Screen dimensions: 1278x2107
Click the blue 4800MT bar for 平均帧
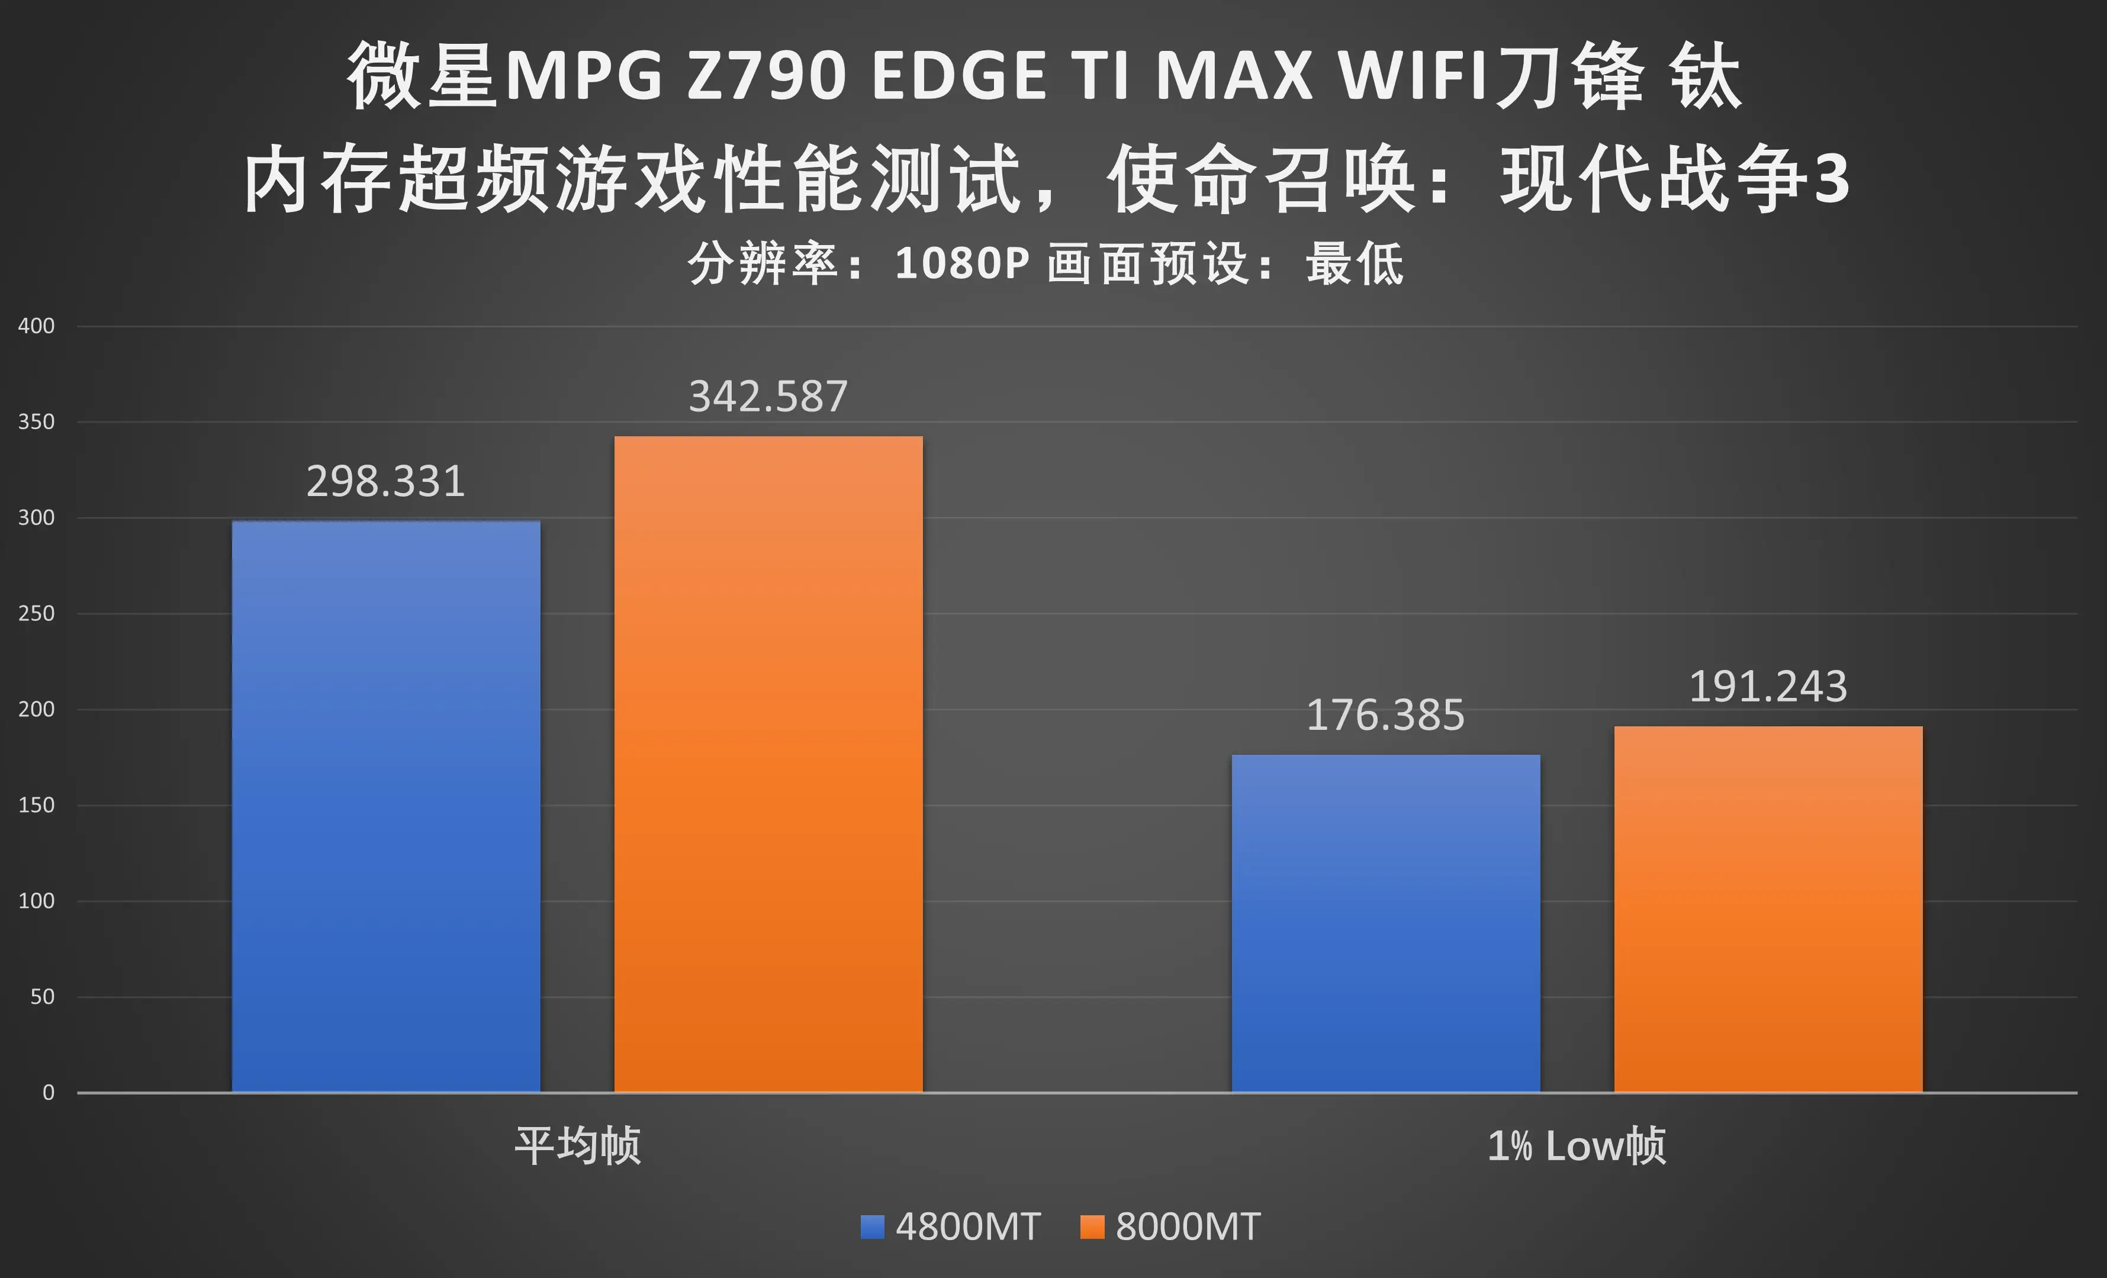[x=385, y=806]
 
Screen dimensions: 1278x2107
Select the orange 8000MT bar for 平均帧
[x=768, y=764]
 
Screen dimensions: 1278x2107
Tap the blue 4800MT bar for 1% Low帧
[x=1385, y=923]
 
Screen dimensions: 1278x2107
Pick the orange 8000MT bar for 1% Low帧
[x=1768, y=909]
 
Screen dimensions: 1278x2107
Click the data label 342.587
[x=768, y=397]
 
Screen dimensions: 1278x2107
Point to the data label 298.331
[x=385, y=481]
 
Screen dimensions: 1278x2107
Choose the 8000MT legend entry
[x=1170, y=1227]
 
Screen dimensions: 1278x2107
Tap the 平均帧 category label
[x=577, y=1145]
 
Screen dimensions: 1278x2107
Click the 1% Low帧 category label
[x=1576, y=1145]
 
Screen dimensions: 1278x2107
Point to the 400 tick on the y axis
[x=36, y=326]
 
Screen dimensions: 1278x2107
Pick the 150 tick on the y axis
[x=36, y=805]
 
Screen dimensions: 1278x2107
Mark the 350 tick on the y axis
[x=36, y=421]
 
